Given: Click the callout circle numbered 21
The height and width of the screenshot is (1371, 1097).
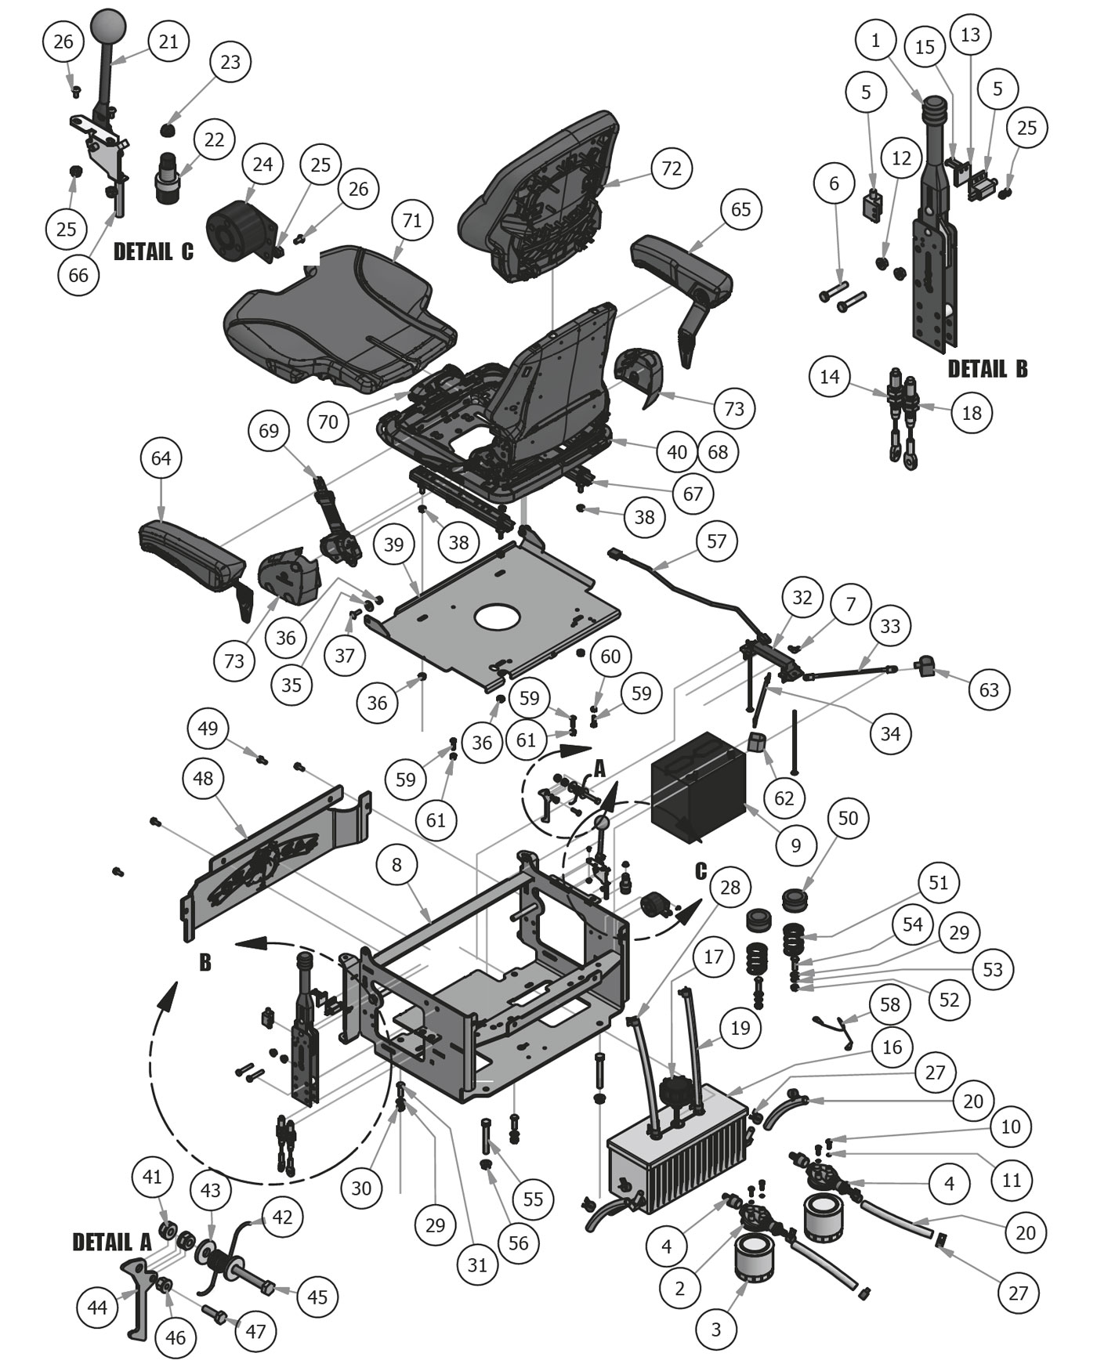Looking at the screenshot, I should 168,42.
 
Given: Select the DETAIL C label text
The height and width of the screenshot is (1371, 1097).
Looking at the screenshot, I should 154,251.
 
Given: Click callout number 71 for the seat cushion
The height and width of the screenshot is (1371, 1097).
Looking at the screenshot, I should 412,221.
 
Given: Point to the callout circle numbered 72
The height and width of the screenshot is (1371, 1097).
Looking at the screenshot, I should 672,168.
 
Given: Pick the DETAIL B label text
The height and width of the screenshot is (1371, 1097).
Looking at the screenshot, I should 987,369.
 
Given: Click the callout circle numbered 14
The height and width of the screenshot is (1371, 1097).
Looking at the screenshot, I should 830,377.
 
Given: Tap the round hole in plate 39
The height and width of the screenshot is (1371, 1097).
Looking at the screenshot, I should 495,614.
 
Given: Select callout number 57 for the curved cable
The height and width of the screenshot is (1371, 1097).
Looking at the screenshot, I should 716,541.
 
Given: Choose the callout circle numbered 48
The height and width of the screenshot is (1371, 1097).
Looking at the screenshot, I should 203,779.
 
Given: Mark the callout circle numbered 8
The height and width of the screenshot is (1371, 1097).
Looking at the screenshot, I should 397,864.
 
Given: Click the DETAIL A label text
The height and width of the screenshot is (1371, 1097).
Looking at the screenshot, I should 112,1243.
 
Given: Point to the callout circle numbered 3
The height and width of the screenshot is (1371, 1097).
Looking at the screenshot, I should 716,1329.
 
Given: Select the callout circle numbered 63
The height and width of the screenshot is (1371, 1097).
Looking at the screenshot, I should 989,689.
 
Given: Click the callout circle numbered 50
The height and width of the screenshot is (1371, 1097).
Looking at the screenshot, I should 849,819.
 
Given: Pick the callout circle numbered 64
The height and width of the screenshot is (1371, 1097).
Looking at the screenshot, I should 161,458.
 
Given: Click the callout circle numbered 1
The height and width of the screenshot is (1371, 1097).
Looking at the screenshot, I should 875,41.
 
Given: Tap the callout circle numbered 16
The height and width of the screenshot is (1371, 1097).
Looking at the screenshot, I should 892,1047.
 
